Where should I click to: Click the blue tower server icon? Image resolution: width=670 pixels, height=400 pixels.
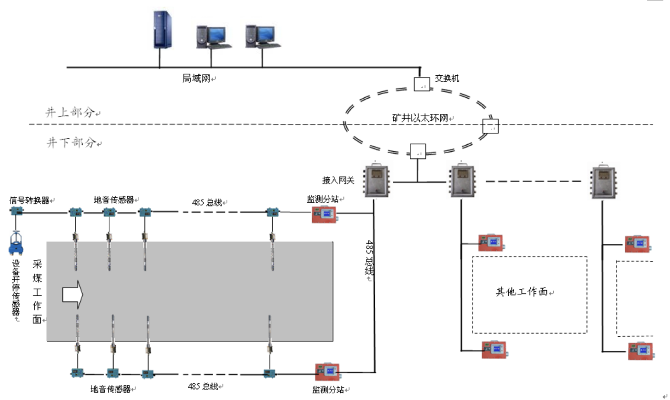tap(163, 29)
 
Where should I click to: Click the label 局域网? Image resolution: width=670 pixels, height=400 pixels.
tap(196, 78)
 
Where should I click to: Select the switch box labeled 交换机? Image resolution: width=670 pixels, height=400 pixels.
tap(422, 84)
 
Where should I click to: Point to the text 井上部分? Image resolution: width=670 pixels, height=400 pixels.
tap(70, 113)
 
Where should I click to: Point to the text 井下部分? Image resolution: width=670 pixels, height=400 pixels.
tap(70, 142)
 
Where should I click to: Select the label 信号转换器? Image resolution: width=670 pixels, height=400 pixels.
tap(29, 200)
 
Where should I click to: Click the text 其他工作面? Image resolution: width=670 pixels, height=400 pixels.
tap(521, 292)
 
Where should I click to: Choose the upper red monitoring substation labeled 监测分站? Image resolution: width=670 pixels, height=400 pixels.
tap(324, 214)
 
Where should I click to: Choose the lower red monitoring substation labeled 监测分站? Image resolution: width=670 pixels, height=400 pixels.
tap(328, 371)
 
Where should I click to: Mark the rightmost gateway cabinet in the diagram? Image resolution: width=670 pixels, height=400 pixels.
tap(602, 181)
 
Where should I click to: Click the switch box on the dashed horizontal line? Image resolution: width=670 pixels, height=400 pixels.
tap(490, 126)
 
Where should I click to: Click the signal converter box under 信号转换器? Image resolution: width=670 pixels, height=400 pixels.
tap(17, 212)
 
